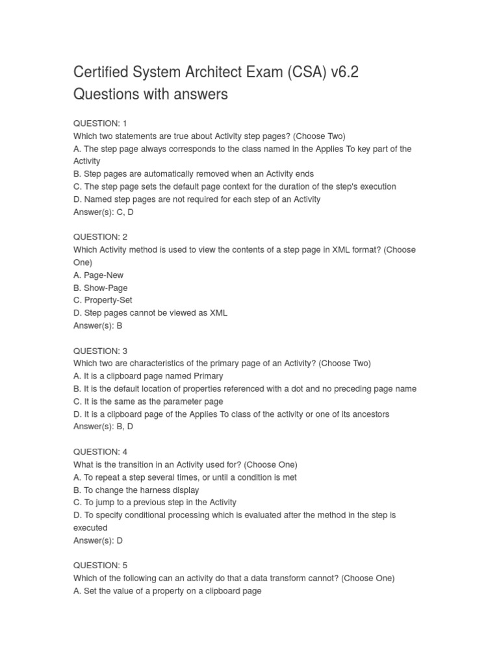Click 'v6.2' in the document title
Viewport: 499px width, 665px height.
tap(344, 72)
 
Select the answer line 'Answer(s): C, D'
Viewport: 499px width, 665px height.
tap(104, 212)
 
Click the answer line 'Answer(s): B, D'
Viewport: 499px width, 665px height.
tap(104, 427)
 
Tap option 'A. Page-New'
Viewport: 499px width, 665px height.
tap(98, 275)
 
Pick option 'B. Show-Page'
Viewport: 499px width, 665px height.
tap(101, 288)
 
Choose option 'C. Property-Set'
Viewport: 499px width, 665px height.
tap(104, 300)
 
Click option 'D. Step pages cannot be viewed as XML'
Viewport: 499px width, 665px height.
tap(150, 313)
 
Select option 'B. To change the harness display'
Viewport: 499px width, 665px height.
tap(136, 490)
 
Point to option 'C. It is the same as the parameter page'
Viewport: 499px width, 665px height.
tap(148, 401)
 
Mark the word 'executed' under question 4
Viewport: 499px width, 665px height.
tap(90, 528)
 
